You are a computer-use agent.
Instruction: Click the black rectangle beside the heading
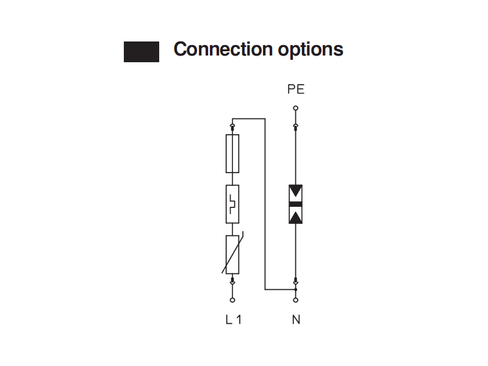[142, 52]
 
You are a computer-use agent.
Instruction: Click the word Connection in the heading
[223, 49]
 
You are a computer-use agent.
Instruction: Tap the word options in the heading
[310, 50]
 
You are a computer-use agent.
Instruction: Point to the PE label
[296, 89]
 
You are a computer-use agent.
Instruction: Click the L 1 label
[234, 320]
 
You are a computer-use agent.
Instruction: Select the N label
[296, 320]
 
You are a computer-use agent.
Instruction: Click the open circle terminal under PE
[296, 108]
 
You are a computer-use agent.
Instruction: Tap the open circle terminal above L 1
[232, 300]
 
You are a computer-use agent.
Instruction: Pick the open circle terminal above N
[296, 300]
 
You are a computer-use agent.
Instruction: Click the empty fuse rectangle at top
[232, 154]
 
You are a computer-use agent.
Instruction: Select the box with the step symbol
[232, 204]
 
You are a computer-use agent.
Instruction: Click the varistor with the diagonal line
[232, 254]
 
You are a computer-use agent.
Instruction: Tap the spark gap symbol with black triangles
[296, 204]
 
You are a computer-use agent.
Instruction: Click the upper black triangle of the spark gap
[296, 190]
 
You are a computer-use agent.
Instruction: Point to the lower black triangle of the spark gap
[296, 218]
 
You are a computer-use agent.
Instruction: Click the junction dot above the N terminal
[296, 289]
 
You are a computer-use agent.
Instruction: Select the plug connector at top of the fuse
[232, 127]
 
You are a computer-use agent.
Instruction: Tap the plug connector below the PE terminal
[296, 127]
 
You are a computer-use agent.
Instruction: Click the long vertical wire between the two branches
[265, 204]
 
